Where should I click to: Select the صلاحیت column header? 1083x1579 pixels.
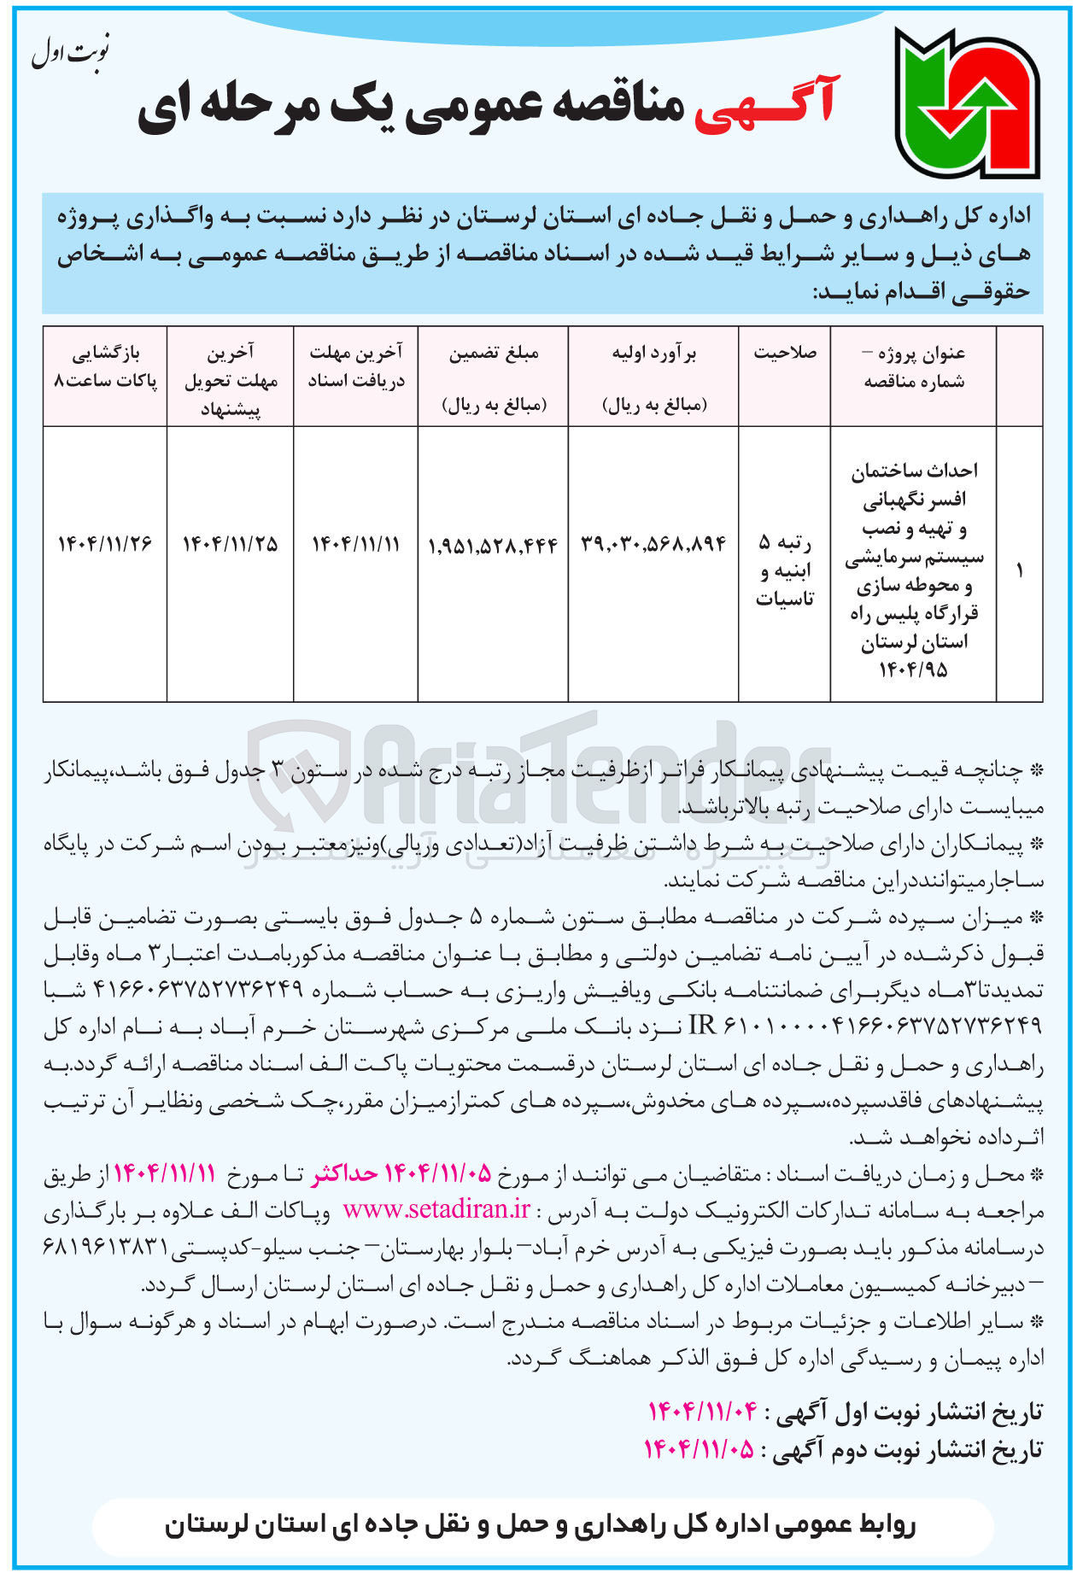pyautogui.click(x=784, y=353)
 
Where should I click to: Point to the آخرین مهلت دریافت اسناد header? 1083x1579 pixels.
pyautogui.click(x=356, y=366)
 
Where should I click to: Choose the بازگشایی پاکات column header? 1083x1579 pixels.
pyautogui.click(x=105, y=366)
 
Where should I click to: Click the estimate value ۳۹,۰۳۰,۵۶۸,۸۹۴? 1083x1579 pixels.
pyautogui.click(x=653, y=543)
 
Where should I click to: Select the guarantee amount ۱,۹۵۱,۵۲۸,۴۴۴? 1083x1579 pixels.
pyautogui.click(x=493, y=545)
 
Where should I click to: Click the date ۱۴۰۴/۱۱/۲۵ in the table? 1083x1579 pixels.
pyautogui.click(x=230, y=543)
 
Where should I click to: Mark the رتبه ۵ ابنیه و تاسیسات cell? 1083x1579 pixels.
pyautogui.click(x=784, y=570)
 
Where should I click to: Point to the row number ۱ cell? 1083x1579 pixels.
pyautogui.click(x=1019, y=570)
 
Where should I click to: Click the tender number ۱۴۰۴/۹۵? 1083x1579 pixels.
pyautogui.click(x=913, y=670)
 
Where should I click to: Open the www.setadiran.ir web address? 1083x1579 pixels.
pyautogui.click(x=436, y=1210)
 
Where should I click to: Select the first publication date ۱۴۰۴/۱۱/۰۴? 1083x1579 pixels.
pyautogui.click(x=702, y=1412)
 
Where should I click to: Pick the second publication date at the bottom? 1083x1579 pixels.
pyautogui.click(x=700, y=1449)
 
